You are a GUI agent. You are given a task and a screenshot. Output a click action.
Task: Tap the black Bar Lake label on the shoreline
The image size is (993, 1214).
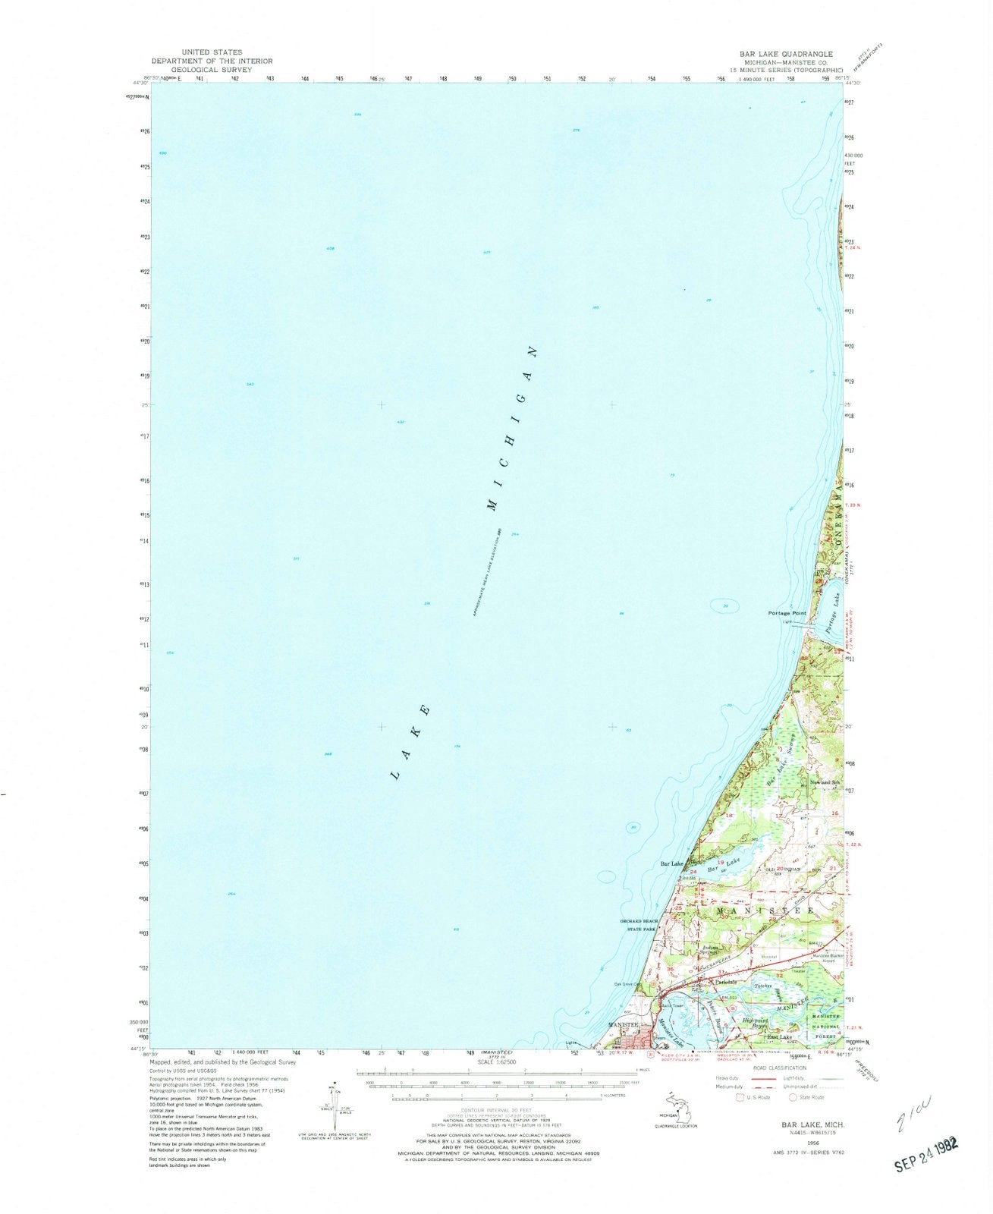coord(672,863)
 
